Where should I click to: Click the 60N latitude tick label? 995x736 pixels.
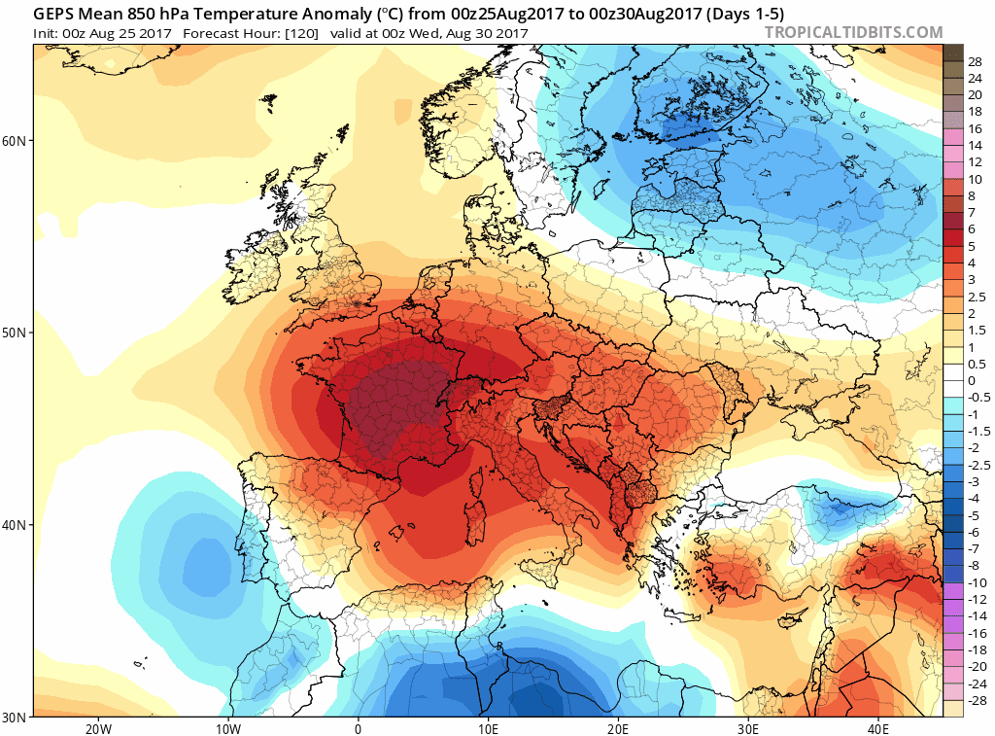(x=16, y=140)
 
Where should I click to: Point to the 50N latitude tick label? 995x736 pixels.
(x=16, y=333)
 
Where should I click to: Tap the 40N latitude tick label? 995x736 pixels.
(x=16, y=525)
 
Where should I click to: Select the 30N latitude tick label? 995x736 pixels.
(x=16, y=718)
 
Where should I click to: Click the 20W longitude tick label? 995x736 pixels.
(x=97, y=728)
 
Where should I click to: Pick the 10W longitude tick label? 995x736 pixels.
(x=227, y=728)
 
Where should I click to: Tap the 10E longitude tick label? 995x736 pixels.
(x=488, y=728)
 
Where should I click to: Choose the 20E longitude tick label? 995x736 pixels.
(x=618, y=728)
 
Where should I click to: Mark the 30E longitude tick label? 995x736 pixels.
(x=748, y=728)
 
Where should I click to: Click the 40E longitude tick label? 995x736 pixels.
(x=878, y=728)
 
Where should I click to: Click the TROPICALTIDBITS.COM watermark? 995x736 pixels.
(x=854, y=33)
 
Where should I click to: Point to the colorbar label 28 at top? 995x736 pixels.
(x=975, y=60)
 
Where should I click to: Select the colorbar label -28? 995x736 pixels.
(x=975, y=701)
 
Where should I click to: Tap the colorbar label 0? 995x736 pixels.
(x=972, y=380)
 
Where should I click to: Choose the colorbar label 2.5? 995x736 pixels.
(x=976, y=296)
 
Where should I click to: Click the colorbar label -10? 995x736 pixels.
(x=975, y=582)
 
